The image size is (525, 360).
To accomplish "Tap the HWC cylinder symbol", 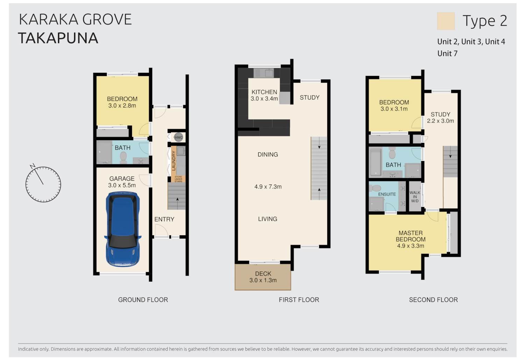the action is tap(178, 137).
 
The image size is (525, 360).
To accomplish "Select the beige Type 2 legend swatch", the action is tap(446, 21).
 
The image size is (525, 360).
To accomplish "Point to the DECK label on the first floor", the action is tap(263, 274).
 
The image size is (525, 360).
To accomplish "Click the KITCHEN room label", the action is tap(264, 92).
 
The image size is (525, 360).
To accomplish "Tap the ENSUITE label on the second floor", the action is tap(387, 194).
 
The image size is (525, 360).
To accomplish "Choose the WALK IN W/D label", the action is tap(415, 196).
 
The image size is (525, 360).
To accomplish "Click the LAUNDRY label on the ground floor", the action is tap(174, 161).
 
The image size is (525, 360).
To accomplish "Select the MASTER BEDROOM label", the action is tap(411, 236).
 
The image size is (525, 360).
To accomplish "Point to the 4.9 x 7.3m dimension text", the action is tap(268, 187).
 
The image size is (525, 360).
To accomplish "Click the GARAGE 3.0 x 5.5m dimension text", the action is tap(122, 185).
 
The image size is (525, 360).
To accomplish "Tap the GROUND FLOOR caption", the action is tap(143, 300).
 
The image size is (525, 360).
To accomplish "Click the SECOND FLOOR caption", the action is tap(433, 300).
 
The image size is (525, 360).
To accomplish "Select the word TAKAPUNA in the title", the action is tap(58, 38).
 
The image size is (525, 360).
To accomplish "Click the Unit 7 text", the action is tap(447, 54).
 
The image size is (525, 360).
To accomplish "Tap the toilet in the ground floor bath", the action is tap(123, 157).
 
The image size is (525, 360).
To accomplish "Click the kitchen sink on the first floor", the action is tap(264, 73).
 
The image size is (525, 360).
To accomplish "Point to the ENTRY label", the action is tap(164, 219).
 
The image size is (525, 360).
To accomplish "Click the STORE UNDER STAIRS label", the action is tap(178, 179).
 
